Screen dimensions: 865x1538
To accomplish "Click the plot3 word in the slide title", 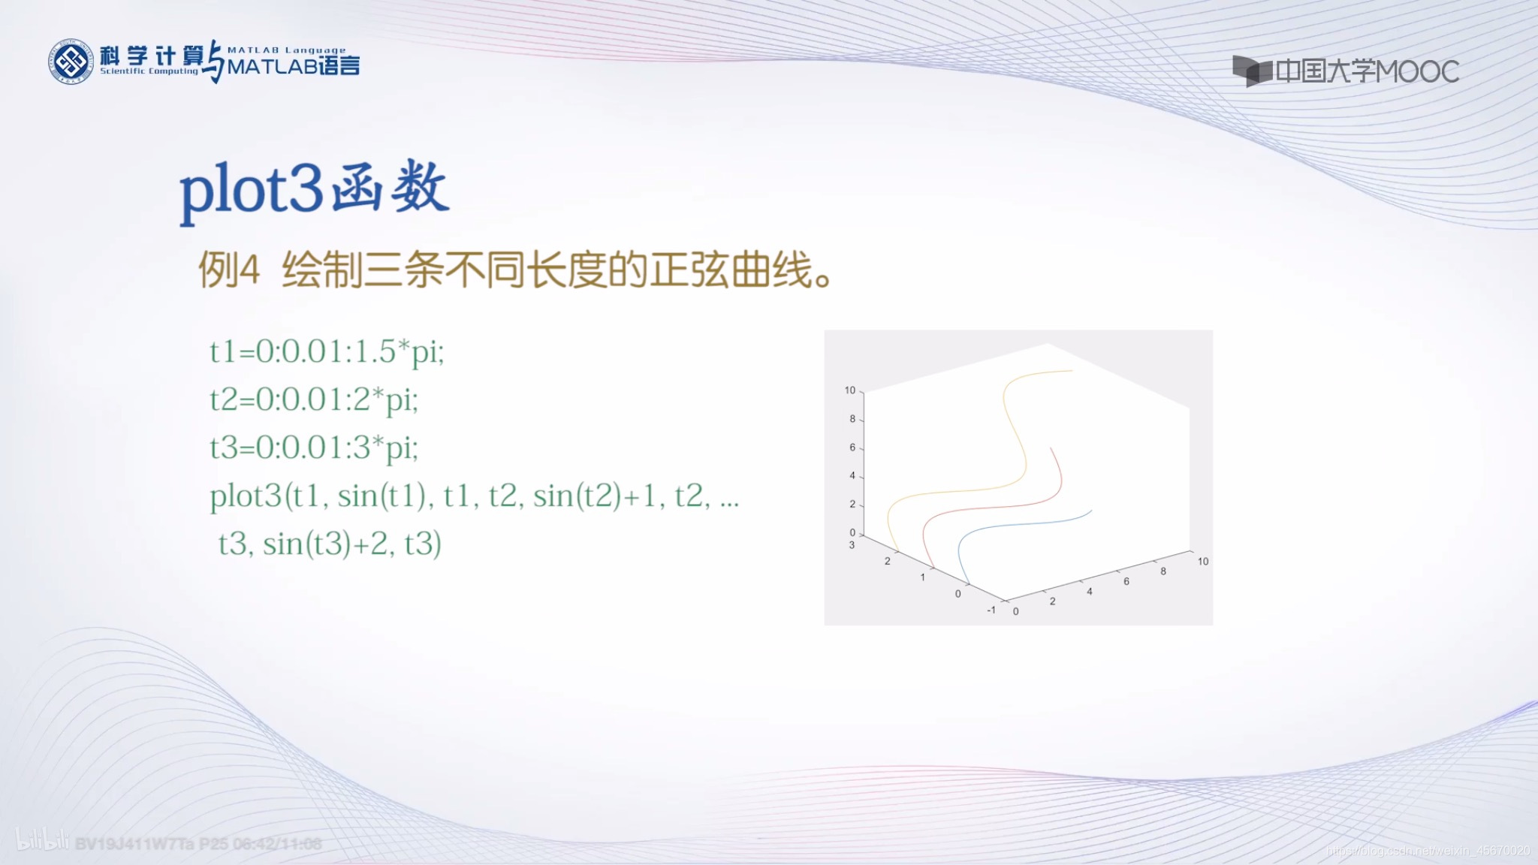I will [252, 189].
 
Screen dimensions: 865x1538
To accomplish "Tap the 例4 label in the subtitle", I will [229, 270].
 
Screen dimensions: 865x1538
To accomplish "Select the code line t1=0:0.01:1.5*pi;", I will [327, 351].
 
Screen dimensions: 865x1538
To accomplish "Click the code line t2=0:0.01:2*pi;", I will [314, 399].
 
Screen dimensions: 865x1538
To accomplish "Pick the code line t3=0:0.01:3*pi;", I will [314, 448].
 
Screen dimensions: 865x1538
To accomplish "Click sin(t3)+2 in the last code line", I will [325, 544].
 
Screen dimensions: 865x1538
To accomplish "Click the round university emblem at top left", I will [71, 62].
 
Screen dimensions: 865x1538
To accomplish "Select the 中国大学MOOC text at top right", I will [1366, 71].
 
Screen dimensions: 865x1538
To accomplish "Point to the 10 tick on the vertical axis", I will [850, 390].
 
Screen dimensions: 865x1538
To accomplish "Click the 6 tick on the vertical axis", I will [852, 448].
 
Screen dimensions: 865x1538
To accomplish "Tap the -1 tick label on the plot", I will [991, 610].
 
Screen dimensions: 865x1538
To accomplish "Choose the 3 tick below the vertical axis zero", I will [852, 545].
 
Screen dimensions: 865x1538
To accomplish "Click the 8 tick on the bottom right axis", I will [1163, 571].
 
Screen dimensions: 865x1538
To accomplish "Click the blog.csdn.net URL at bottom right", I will [1428, 851].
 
